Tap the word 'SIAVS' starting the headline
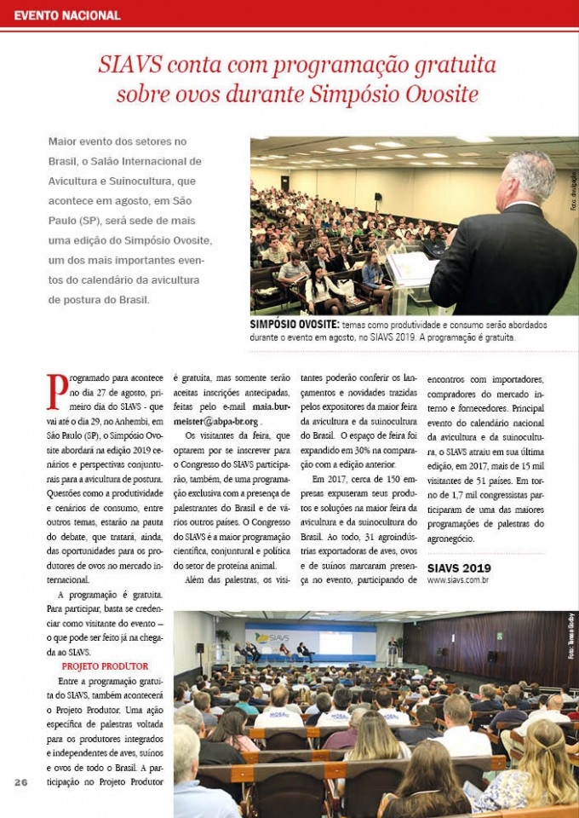(x=129, y=65)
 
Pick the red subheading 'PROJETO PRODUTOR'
(x=106, y=665)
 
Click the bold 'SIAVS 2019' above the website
(x=459, y=567)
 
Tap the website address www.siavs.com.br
(x=458, y=580)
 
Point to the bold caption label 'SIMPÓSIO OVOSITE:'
(x=295, y=325)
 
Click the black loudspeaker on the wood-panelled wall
(x=492, y=656)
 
